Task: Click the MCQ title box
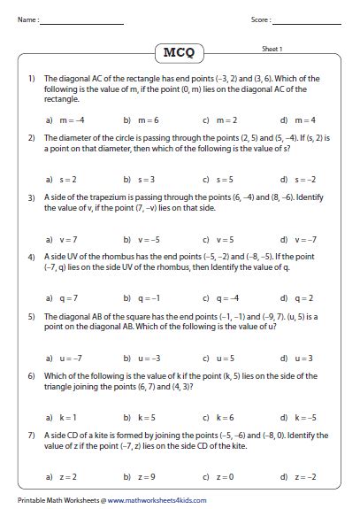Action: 179,54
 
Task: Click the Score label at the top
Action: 260,19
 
